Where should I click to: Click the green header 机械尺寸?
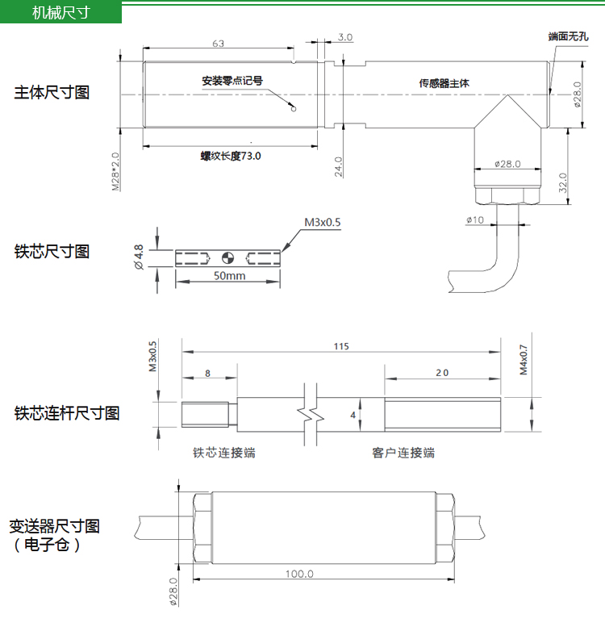coord(60,13)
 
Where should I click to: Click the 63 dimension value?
coord(218,44)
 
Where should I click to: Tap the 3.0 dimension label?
coord(345,37)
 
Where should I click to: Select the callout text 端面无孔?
coord(568,36)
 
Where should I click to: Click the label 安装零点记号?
coord(232,81)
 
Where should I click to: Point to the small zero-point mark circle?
coord(294,108)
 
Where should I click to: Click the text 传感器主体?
coord(444,83)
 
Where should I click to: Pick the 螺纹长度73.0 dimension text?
coord(231,156)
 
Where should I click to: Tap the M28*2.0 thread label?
coord(115,172)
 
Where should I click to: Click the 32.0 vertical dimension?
coord(563,182)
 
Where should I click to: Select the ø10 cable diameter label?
coord(475,220)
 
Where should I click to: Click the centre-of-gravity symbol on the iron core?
coord(227,258)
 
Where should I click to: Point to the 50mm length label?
coord(230,275)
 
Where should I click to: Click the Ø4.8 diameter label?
coord(139,257)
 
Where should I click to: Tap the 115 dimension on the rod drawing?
coord(341,346)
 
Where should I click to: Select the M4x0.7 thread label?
coord(524,360)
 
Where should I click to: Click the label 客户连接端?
coord(403,453)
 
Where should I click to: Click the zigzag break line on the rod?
coord(311,415)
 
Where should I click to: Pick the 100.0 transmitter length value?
coord(299,574)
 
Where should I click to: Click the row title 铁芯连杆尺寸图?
coord(67,413)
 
